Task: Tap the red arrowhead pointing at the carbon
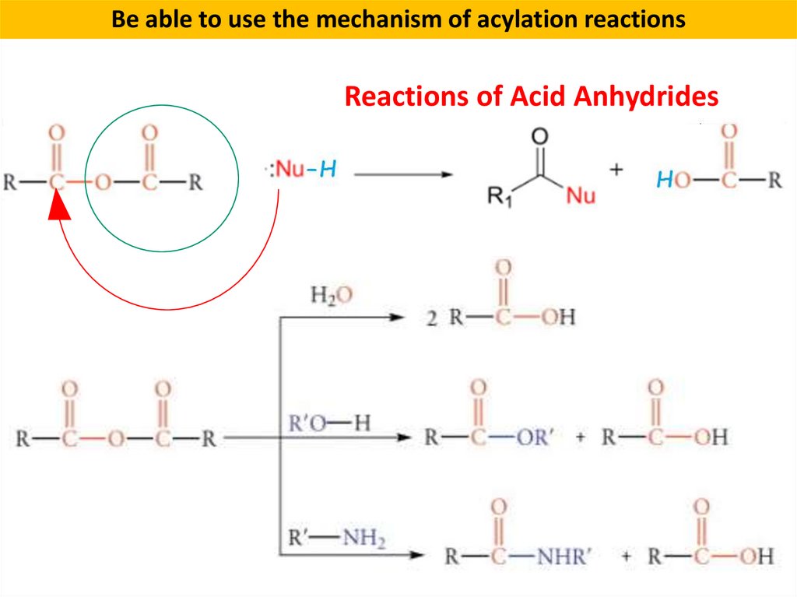click(56, 208)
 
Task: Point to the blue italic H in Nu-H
click(328, 170)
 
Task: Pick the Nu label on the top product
click(580, 195)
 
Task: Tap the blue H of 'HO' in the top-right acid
click(663, 181)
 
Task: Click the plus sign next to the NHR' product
click(627, 557)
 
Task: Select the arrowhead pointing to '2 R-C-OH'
click(398, 318)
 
